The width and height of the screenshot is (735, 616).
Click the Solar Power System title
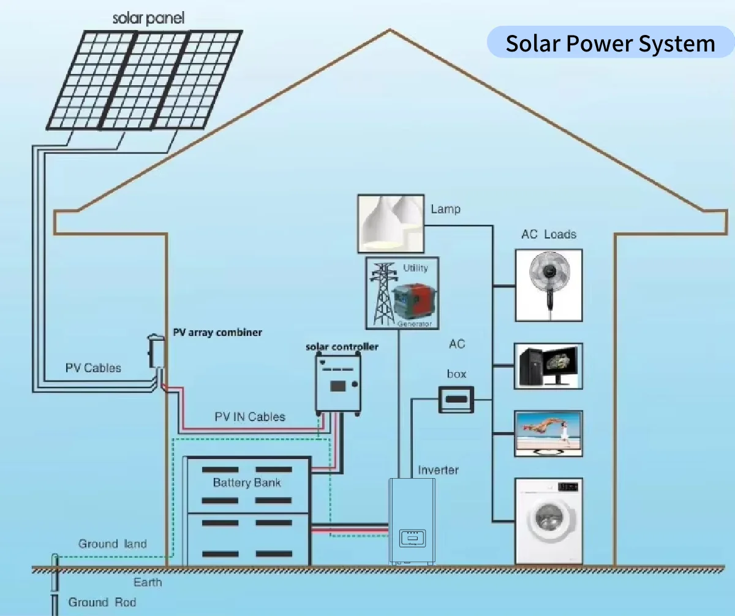pos(610,43)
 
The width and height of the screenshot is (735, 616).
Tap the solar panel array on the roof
pos(145,79)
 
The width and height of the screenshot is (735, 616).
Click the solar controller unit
pos(338,382)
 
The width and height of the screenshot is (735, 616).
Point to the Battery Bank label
pos(247,482)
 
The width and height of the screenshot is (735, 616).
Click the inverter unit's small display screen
pos(412,538)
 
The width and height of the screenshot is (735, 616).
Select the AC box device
pos(456,400)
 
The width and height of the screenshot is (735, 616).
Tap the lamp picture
pos(391,224)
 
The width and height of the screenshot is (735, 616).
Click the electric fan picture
pos(548,285)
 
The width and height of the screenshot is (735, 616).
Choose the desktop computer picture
pos(548,366)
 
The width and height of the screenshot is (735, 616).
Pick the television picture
pos(548,433)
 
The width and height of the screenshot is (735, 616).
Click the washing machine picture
pos(548,520)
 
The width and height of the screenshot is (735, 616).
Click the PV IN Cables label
pos(250,417)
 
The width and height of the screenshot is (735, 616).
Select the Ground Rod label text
pos(102,602)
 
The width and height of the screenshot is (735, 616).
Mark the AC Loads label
pos(549,234)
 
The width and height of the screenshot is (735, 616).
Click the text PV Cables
pos(93,368)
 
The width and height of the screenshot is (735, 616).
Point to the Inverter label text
pos(438,470)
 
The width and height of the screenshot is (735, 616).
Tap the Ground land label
pos(112,544)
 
